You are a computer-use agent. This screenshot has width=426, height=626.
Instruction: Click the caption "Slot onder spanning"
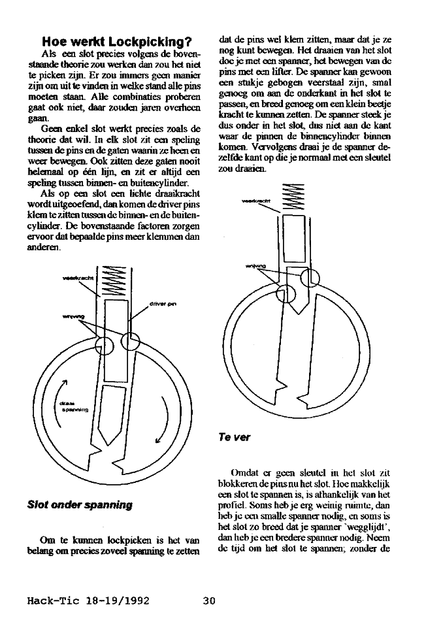[x=80, y=504]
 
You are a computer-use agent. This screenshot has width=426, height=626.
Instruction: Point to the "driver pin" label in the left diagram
[x=164, y=304]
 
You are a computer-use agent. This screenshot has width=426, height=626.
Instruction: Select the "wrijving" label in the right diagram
[x=255, y=266]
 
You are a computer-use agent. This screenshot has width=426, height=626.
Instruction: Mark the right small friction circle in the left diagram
[x=130, y=340]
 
